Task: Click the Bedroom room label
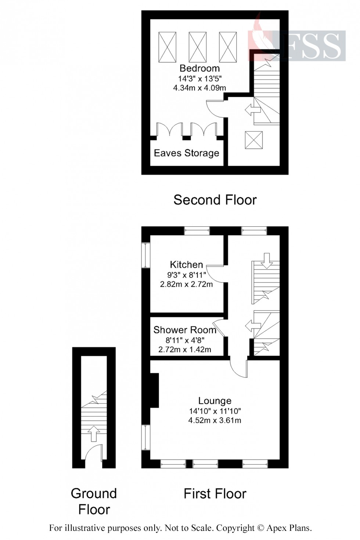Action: [x=199, y=68]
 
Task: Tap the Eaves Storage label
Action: [x=186, y=153]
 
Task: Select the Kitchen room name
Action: [x=186, y=264]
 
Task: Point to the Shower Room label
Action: [x=184, y=330]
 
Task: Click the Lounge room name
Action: [x=215, y=401]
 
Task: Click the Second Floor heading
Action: [x=215, y=200]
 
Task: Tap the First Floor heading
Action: [x=215, y=494]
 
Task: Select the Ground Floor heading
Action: [x=94, y=501]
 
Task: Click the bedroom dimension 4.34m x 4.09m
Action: [x=199, y=88]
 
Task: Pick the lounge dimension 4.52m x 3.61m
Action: [x=215, y=421]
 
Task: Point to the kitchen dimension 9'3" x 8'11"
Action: [x=186, y=274]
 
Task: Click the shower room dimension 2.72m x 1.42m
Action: [x=184, y=350]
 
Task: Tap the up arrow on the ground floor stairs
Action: [x=94, y=433]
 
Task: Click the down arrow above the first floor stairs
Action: [x=266, y=259]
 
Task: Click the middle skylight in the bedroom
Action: [x=197, y=47]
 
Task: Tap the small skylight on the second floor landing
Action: [x=254, y=140]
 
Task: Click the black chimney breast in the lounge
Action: [x=154, y=390]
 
